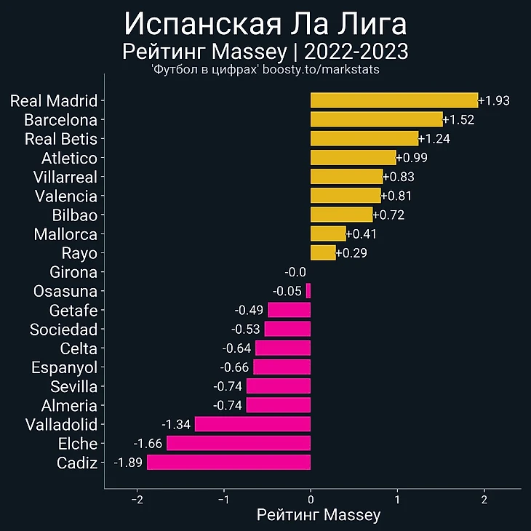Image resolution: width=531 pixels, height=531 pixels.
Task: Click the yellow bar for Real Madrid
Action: (394, 100)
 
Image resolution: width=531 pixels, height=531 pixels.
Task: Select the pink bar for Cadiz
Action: (228, 462)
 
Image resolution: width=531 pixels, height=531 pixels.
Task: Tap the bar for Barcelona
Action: (376, 119)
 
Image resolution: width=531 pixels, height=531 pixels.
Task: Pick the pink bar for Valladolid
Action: (252, 424)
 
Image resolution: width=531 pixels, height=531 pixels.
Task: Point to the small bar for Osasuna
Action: (308, 291)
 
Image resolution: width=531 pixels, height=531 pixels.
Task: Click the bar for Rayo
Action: (323, 252)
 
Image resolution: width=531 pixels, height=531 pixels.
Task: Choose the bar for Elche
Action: (239, 443)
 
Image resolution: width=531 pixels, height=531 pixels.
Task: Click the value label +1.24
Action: (435, 139)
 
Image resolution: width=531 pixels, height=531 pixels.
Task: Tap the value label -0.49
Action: (249, 310)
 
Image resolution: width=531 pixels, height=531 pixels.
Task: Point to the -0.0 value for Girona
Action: (295, 272)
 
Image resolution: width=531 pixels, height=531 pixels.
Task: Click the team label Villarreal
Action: (65, 177)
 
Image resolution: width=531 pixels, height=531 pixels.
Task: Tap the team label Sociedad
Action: (63, 330)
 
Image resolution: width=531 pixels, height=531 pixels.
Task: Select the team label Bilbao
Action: (75, 215)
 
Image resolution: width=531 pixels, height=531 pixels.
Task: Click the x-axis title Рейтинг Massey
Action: (319, 516)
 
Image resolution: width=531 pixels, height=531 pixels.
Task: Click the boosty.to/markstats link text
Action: (321, 70)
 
